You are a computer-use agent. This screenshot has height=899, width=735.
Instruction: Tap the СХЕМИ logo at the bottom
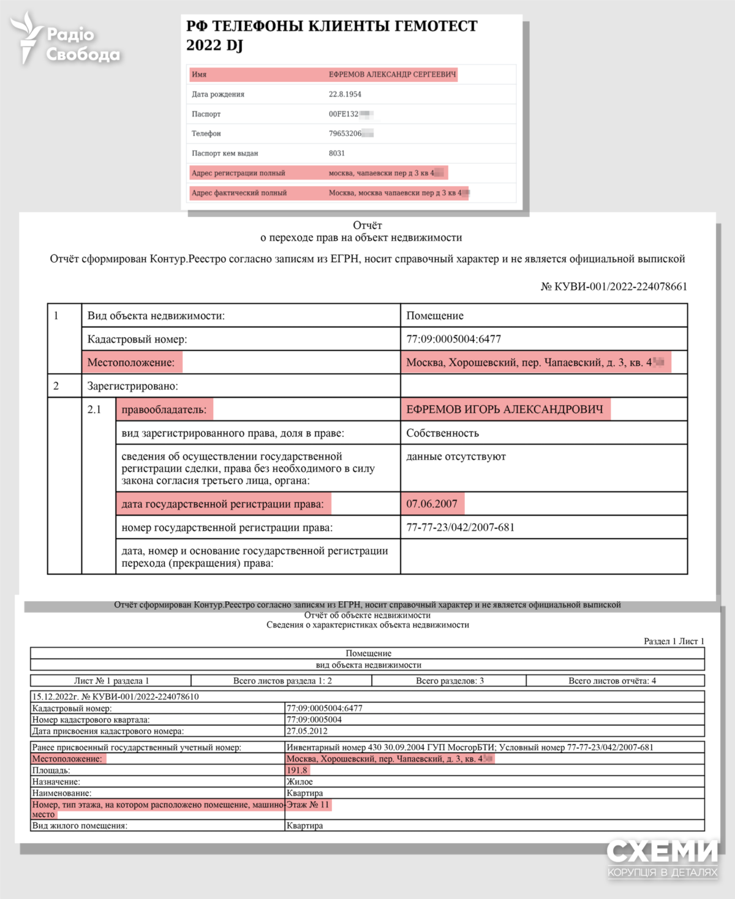click(x=662, y=857)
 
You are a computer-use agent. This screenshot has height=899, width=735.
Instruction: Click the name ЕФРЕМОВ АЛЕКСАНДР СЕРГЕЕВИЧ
click(x=392, y=75)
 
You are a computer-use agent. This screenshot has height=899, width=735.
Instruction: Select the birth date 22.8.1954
click(x=345, y=94)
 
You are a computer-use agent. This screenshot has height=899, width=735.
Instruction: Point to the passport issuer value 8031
click(x=337, y=153)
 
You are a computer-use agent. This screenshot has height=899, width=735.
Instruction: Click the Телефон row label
click(x=206, y=134)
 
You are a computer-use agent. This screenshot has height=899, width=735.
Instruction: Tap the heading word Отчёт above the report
click(x=367, y=226)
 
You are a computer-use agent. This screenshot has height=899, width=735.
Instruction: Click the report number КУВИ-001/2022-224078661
click(x=614, y=287)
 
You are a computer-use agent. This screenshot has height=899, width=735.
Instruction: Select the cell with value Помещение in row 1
click(x=435, y=316)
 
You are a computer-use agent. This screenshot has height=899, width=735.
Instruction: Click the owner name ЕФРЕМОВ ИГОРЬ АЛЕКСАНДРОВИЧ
click(x=505, y=409)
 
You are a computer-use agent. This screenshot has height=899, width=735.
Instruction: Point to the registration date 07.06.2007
click(x=432, y=504)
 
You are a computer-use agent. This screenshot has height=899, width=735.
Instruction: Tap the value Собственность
click(x=442, y=433)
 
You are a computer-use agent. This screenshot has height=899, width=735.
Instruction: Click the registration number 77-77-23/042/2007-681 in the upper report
click(x=461, y=528)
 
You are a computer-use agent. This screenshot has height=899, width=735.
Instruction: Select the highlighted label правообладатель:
click(x=164, y=409)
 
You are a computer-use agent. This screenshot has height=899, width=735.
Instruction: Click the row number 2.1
click(x=94, y=409)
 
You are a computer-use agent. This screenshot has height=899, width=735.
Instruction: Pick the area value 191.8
click(x=297, y=770)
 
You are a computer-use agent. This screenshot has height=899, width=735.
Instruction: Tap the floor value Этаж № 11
click(x=308, y=805)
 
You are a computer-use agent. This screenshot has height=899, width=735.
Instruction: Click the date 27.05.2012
click(x=307, y=731)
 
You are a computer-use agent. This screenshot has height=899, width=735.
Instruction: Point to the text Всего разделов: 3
click(x=450, y=681)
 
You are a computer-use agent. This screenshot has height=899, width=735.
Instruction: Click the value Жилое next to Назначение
click(x=300, y=782)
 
